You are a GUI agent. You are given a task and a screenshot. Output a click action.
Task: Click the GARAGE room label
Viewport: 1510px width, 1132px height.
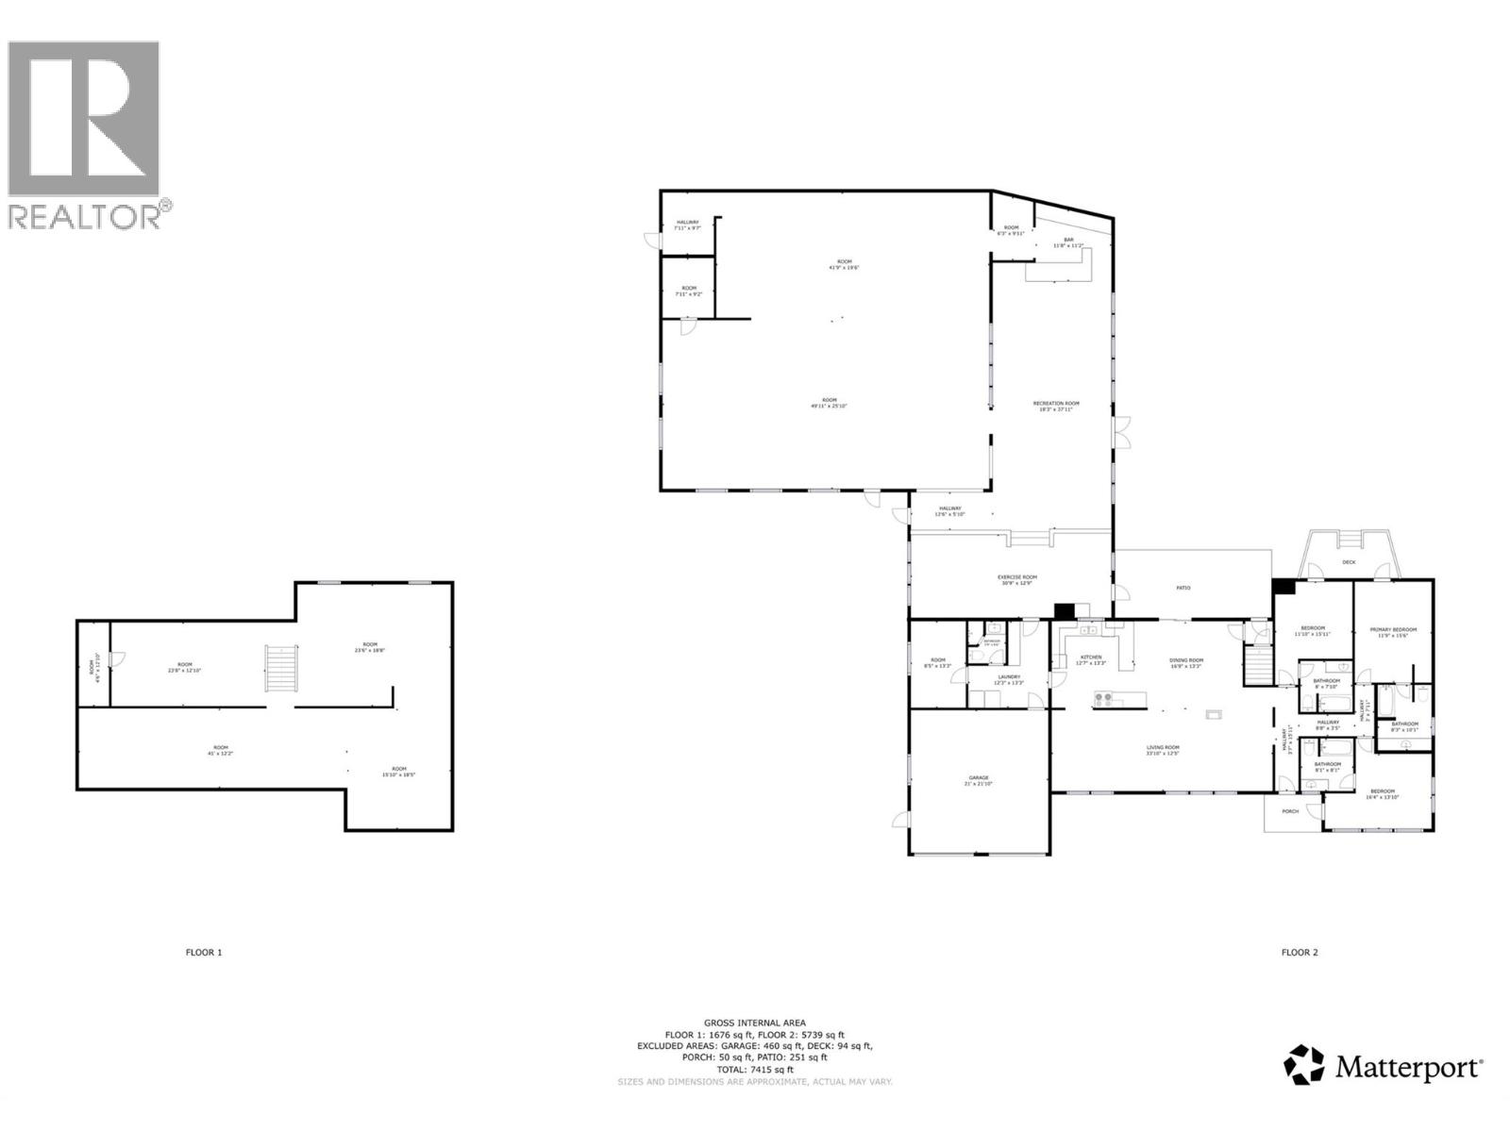pyautogui.click(x=976, y=778)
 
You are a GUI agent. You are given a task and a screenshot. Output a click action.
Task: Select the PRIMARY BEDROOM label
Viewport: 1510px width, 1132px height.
pyautogui.click(x=1393, y=629)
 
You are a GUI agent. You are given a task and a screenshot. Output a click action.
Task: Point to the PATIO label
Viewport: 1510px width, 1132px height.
pyautogui.click(x=1183, y=588)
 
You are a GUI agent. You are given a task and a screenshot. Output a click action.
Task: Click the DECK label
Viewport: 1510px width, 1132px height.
pyautogui.click(x=1349, y=563)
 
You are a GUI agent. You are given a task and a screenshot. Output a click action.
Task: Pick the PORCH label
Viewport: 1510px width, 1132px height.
pyautogui.click(x=1290, y=811)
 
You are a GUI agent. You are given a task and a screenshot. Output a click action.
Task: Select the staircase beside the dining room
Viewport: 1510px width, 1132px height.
pyautogui.click(x=1257, y=665)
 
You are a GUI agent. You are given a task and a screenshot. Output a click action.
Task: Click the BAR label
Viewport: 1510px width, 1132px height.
pyautogui.click(x=1069, y=240)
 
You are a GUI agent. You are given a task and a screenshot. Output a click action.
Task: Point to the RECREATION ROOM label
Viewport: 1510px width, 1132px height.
pyautogui.click(x=1055, y=404)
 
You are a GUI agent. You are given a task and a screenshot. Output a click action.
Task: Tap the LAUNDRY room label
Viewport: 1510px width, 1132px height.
pyautogui.click(x=1009, y=676)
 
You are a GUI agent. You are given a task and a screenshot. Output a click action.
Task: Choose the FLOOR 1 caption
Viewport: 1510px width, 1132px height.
pyautogui.click(x=203, y=952)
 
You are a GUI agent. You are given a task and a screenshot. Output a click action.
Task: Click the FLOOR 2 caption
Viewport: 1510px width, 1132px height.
pyautogui.click(x=1299, y=952)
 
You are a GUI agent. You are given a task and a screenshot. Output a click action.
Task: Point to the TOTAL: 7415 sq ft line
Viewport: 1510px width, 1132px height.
pyautogui.click(x=754, y=1070)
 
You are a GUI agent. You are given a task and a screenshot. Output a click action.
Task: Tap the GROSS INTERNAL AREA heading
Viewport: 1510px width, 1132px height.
pyautogui.click(x=754, y=1023)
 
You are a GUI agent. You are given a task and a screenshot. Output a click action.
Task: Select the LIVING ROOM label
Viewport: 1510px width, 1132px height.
pyautogui.click(x=1163, y=747)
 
